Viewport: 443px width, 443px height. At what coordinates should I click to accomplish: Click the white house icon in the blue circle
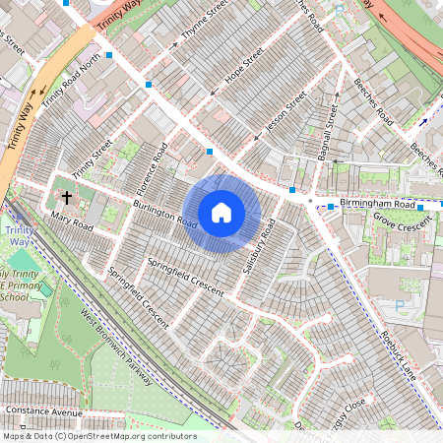pyautogui.click(x=221, y=212)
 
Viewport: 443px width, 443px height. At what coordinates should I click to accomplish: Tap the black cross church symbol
pyautogui.click(x=67, y=197)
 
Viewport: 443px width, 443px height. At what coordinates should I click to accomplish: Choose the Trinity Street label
pyautogui.click(x=86, y=153)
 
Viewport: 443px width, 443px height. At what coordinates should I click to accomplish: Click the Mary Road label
pyautogui.click(x=71, y=224)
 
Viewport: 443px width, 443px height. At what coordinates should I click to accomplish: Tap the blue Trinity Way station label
pyautogui.click(x=18, y=236)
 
